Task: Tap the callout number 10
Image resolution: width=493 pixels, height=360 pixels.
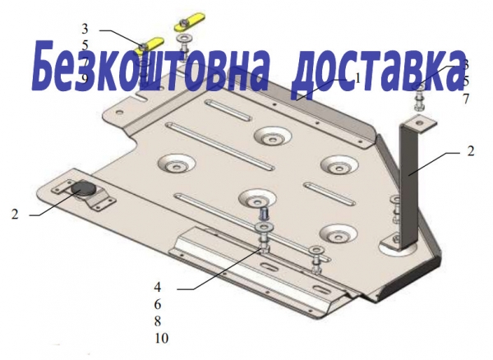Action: (x=162, y=339)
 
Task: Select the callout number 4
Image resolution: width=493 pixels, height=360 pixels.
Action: (x=158, y=287)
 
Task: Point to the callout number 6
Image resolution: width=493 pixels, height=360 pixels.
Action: (x=158, y=304)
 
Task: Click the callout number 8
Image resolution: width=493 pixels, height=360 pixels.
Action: (x=158, y=321)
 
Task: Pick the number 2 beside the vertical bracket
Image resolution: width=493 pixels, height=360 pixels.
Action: (x=470, y=151)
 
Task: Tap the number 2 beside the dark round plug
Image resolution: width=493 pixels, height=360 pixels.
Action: (x=15, y=215)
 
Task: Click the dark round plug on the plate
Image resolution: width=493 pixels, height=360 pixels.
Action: (x=83, y=188)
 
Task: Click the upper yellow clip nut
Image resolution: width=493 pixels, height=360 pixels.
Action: (x=189, y=21)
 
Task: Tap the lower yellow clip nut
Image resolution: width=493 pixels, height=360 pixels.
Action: (x=149, y=45)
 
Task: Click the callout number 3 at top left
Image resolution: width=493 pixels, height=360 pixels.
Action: (x=85, y=30)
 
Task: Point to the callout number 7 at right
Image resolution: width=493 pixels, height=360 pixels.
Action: (x=466, y=99)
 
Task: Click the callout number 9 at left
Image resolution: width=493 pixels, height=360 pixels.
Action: (x=85, y=79)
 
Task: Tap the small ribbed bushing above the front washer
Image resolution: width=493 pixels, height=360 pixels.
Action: (x=264, y=215)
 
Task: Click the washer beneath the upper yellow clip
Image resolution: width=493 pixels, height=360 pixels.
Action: (x=186, y=39)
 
